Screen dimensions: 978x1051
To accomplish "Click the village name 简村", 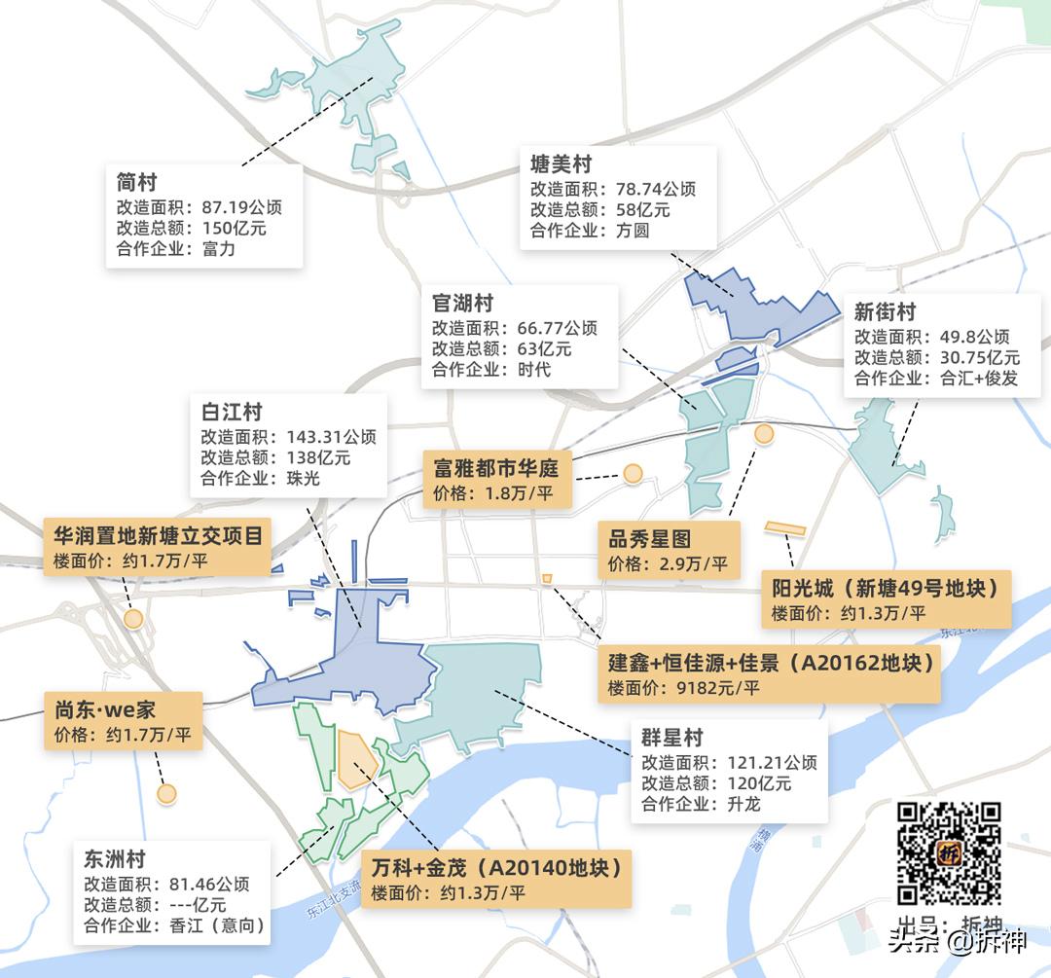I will [136, 182].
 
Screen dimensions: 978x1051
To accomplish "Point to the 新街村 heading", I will [885, 312].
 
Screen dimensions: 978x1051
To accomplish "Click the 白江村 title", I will [232, 413].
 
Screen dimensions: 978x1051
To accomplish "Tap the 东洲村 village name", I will [115, 859].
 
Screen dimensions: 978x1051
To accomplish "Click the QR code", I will [949, 852].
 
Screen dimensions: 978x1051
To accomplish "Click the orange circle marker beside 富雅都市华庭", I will [634, 474].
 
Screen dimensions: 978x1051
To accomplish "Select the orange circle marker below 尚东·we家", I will [166, 793].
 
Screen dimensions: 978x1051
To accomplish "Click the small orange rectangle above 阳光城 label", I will [784, 528].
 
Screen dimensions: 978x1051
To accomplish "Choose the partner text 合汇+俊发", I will [979, 378].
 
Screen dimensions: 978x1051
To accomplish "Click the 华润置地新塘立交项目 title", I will [158, 537].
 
